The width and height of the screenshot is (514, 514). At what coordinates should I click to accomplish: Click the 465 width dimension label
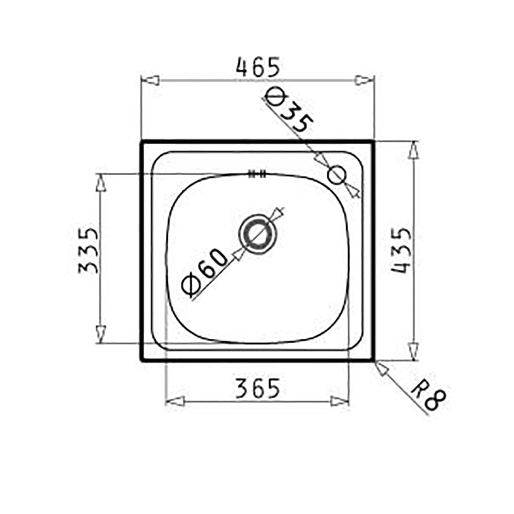(x=257, y=68)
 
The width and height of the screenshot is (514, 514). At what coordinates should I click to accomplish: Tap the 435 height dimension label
(x=402, y=251)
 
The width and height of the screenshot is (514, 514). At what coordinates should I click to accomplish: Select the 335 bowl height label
(x=89, y=251)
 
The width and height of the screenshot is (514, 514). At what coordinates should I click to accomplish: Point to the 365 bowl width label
(x=257, y=388)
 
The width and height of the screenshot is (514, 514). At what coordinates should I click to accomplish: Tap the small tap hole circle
(x=337, y=175)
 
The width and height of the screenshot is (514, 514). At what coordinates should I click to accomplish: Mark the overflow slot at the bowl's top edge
(x=257, y=173)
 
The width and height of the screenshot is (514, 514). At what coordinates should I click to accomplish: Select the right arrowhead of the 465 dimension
(x=364, y=81)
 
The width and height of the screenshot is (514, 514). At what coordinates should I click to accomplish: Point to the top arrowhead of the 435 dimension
(x=413, y=151)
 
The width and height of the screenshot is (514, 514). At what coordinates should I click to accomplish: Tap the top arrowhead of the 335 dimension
(x=100, y=184)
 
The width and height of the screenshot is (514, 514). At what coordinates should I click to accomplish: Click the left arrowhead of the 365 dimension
(x=175, y=401)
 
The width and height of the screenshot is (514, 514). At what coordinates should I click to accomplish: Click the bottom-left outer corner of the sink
(x=141, y=360)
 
